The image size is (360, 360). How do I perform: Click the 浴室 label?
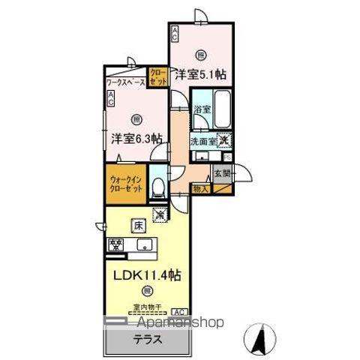(x=202, y=109)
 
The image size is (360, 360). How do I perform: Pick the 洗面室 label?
(x=202, y=140)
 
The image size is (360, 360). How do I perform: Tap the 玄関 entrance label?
(x=223, y=174)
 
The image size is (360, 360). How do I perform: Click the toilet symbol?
(x=157, y=188)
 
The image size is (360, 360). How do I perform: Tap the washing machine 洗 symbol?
(x=223, y=139)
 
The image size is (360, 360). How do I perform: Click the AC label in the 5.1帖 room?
(x=174, y=32)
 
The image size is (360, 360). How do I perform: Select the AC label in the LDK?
(x=179, y=310)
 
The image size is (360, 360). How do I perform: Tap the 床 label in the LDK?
(x=139, y=223)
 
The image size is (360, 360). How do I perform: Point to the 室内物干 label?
(x=147, y=305)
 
